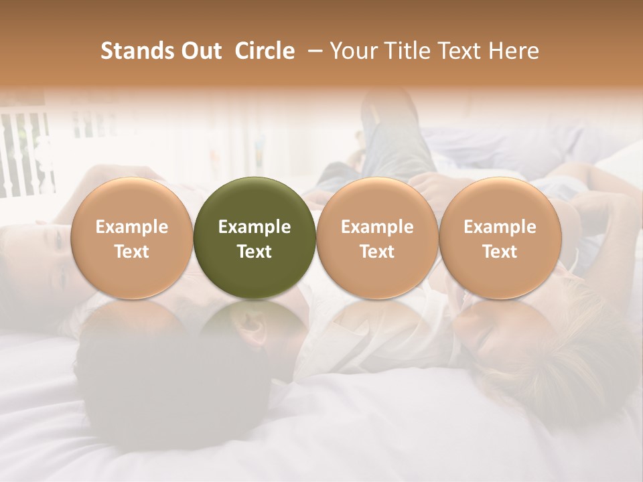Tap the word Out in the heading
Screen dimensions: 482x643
point(201,51)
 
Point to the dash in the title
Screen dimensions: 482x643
point(312,51)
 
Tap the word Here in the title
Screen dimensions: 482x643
point(513,51)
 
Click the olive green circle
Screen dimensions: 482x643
point(255,201)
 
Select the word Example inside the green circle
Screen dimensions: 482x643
point(255,227)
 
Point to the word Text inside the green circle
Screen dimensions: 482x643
point(255,252)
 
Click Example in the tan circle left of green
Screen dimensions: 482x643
point(132,227)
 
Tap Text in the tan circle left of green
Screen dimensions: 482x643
point(132,252)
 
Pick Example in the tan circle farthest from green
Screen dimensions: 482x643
point(500,227)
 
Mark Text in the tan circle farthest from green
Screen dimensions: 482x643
point(500,252)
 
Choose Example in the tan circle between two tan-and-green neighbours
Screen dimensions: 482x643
point(377,227)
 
